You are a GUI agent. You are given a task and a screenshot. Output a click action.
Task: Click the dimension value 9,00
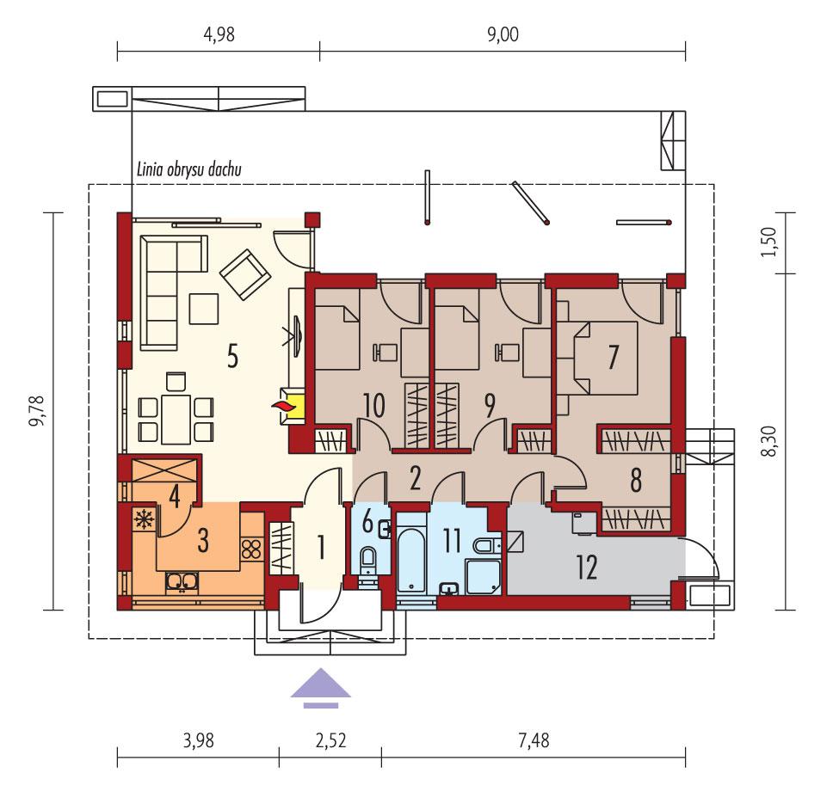click(x=503, y=35)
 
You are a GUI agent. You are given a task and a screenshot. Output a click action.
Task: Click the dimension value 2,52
click(x=330, y=739)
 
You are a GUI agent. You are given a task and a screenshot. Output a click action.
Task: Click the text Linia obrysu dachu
click(x=189, y=170)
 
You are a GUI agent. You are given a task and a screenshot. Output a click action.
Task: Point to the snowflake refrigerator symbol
click(x=141, y=519)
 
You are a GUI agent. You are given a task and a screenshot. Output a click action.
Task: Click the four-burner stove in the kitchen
click(x=251, y=549)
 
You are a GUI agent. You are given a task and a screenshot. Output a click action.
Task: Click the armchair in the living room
click(x=246, y=273)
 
